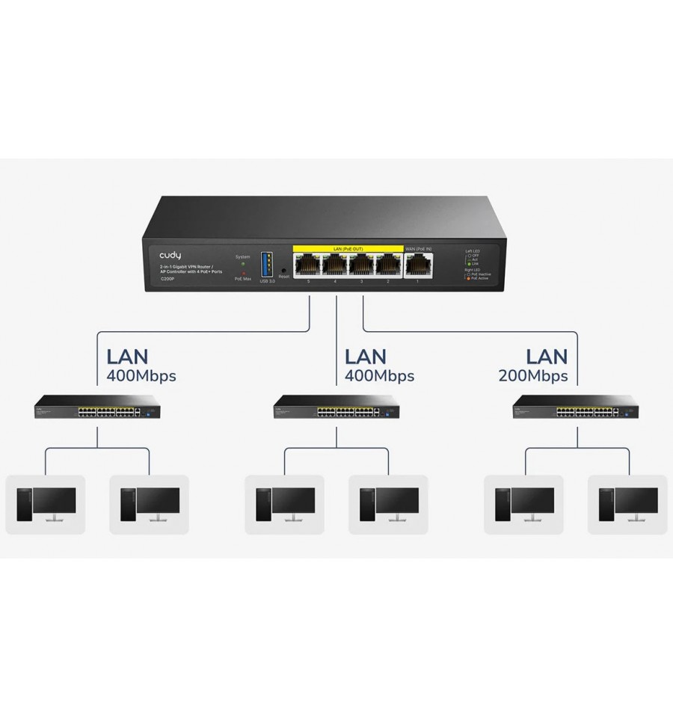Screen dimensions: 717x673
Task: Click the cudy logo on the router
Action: click(x=170, y=255)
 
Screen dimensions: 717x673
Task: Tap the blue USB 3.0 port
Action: click(x=267, y=265)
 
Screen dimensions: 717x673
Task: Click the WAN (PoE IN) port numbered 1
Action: click(x=417, y=265)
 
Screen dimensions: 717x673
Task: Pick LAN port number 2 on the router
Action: click(x=388, y=265)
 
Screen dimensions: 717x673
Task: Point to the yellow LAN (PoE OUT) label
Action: click(x=348, y=247)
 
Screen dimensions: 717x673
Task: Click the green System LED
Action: click(x=243, y=264)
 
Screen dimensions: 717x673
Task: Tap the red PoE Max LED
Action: click(x=243, y=273)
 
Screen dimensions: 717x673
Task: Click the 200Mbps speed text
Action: click(x=532, y=376)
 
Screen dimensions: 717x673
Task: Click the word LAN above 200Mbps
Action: click(x=547, y=356)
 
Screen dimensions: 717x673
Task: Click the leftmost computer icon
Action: click(x=46, y=505)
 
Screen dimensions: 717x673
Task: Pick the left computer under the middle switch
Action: click(x=285, y=505)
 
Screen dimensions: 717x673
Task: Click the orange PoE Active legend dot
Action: click(x=468, y=279)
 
